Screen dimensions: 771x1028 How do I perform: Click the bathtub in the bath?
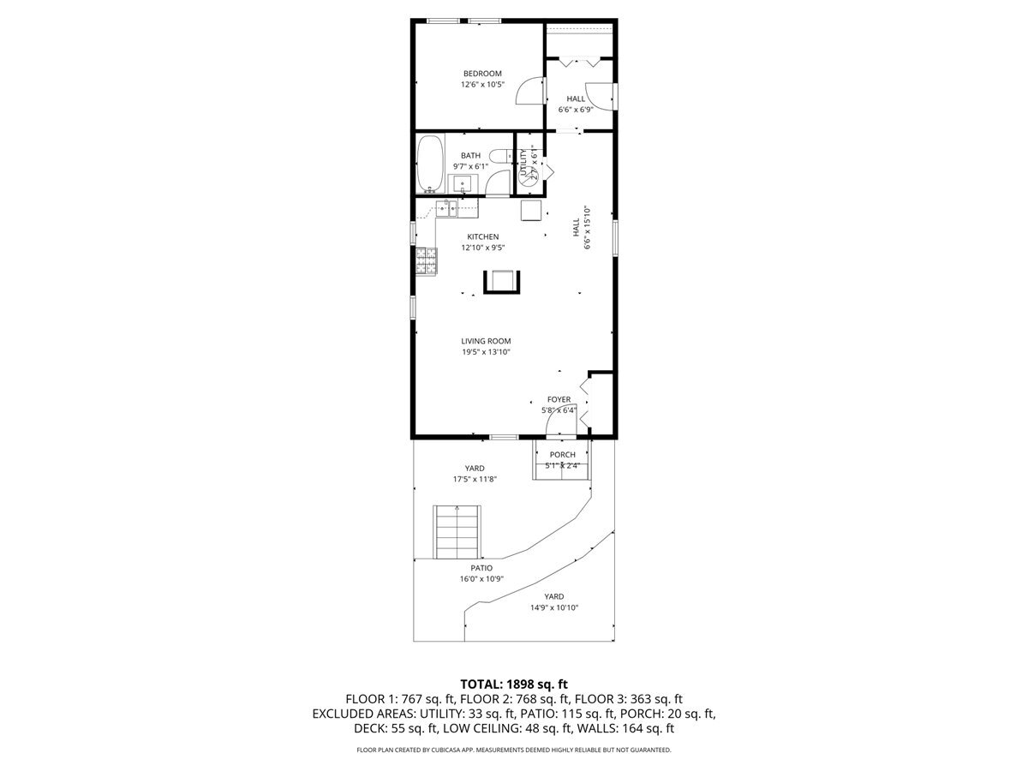pyautogui.click(x=429, y=164)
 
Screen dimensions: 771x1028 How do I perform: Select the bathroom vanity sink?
pyautogui.click(x=463, y=182)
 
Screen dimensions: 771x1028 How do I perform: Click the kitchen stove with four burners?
pyautogui.click(x=427, y=260)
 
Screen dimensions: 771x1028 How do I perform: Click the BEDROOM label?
pyautogui.click(x=482, y=74)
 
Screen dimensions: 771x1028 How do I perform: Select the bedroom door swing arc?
pyautogui.click(x=532, y=92)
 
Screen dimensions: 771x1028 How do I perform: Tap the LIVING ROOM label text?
pyautogui.click(x=486, y=341)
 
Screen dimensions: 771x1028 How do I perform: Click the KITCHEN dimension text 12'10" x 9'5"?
pyautogui.click(x=482, y=248)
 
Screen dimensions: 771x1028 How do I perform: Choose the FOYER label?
pyautogui.click(x=559, y=399)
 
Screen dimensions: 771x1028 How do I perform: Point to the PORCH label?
pyautogui.click(x=562, y=455)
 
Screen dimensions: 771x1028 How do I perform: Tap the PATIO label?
pyautogui.click(x=481, y=568)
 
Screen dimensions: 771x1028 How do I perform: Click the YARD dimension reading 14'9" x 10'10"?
pyautogui.click(x=554, y=607)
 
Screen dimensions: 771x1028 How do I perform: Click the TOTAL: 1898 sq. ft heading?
pyautogui.click(x=514, y=684)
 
